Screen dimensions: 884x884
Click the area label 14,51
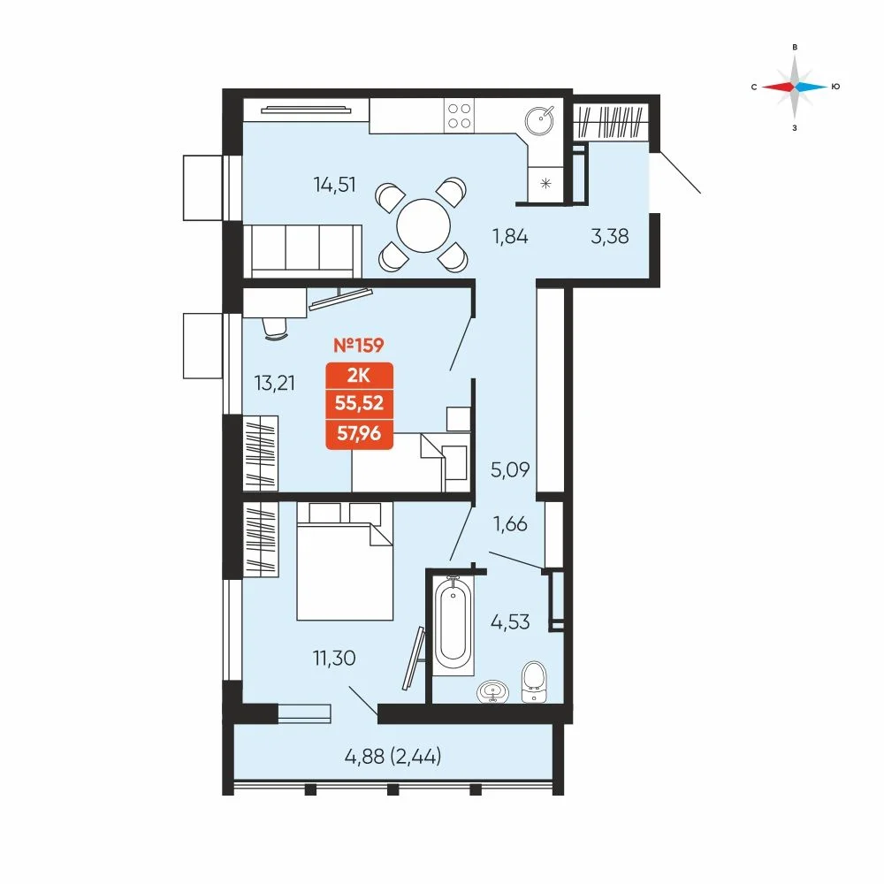click(335, 185)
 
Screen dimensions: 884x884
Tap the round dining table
click(423, 226)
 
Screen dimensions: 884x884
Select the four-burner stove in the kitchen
click(459, 116)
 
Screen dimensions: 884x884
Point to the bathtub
click(453, 625)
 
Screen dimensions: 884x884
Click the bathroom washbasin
click(493, 692)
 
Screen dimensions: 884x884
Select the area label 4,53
click(510, 621)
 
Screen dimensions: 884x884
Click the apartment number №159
click(359, 345)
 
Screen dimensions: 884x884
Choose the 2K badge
click(359, 375)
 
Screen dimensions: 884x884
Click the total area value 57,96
click(359, 433)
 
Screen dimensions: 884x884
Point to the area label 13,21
click(275, 384)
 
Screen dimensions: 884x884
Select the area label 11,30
click(334, 658)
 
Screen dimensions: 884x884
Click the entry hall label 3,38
click(610, 236)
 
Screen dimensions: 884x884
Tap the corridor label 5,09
click(510, 469)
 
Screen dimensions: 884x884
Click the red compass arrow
click(778, 87)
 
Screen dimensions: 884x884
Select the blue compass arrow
click(812, 87)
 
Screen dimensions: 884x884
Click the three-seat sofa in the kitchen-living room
click(302, 251)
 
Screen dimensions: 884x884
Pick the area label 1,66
click(510, 524)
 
